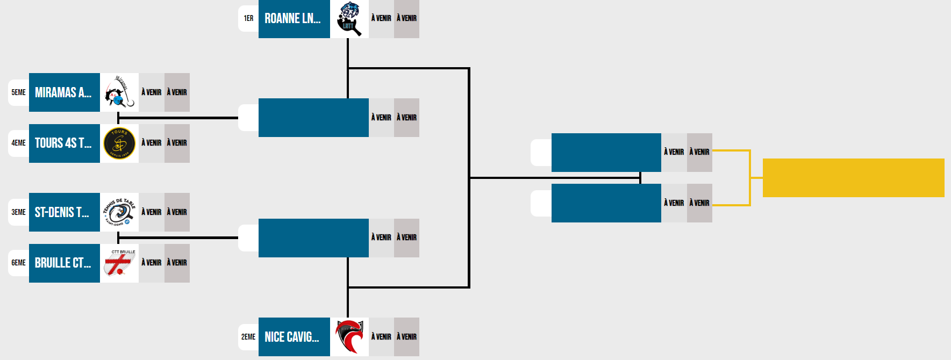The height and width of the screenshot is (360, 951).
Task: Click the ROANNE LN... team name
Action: tap(293, 19)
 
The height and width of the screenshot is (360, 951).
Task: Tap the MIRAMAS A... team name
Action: tap(63, 92)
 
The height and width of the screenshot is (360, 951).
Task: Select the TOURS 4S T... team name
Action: tap(63, 143)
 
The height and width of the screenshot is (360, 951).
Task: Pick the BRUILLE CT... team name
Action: tap(63, 263)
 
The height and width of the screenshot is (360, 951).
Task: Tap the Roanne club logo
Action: tap(349, 19)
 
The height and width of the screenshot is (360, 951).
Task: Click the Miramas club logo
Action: tap(119, 92)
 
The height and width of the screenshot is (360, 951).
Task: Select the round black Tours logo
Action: tap(119, 143)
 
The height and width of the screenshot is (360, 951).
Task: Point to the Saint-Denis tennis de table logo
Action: tap(119, 212)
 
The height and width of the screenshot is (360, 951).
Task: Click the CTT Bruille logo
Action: tap(119, 263)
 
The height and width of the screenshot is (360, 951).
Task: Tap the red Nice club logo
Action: tap(349, 337)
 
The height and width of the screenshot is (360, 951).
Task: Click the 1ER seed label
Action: tap(248, 18)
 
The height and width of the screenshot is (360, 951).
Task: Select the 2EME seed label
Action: tap(248, 337)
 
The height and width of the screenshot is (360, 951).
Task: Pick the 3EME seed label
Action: tap(19, 212)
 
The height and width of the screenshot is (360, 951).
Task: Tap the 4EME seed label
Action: tap(19, 143)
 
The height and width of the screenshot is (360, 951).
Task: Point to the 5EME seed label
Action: tap(19, 92)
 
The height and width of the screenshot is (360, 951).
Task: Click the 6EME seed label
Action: tap(19, 263)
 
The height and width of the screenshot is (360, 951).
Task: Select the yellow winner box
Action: tap(853, 178)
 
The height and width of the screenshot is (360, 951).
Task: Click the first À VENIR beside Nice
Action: tap(381, 337)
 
